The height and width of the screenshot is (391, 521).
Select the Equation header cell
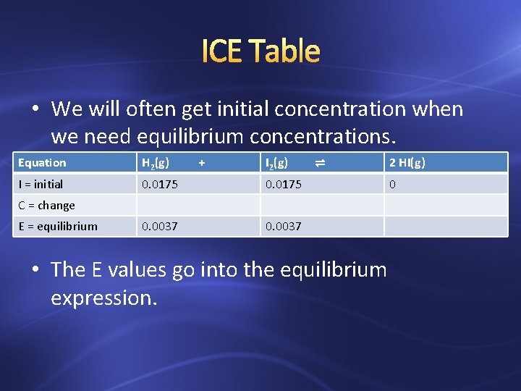[42, 163]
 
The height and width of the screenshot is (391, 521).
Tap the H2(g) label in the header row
[156, 163]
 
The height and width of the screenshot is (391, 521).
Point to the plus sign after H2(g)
[202, 163]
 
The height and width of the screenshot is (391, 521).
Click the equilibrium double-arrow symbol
[320, 164]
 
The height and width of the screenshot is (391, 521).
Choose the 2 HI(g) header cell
[407, 163]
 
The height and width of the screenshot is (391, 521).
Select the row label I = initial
[41, 184]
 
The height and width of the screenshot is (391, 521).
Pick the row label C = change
[46, 205]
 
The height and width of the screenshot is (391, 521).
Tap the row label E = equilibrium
[58, 226]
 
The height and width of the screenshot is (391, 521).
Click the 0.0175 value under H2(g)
[160, 184]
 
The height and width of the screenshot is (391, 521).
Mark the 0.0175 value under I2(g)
[284, 184]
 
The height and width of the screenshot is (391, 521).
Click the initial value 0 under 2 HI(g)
[392, 184]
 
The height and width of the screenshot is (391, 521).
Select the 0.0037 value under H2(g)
[160, 226]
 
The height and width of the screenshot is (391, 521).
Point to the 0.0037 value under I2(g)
[284, 226]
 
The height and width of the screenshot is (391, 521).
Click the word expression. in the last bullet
[103, 298]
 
